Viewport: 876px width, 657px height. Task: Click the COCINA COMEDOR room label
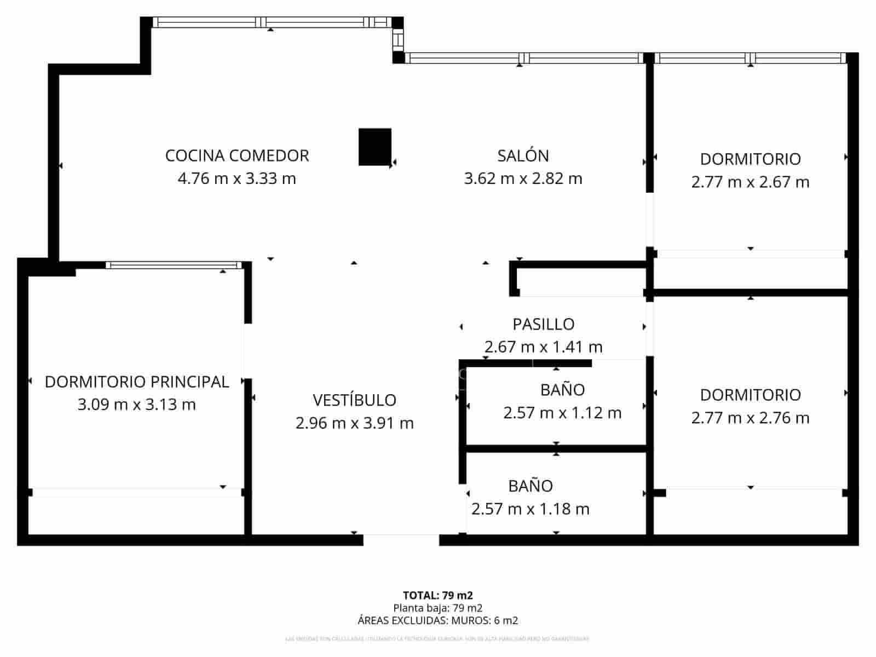(237, 155)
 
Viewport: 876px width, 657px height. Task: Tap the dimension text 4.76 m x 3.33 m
(237, 178)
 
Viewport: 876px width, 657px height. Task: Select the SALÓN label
(523, 155)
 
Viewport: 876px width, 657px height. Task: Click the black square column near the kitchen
(375, 147)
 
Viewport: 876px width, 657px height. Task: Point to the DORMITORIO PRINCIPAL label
(136, 382)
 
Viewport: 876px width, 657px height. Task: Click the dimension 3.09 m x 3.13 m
(136, 405)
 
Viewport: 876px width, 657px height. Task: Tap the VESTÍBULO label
(354, 400)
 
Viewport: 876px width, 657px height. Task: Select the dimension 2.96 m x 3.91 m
(354, 423)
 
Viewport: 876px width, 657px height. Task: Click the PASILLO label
(543, 324)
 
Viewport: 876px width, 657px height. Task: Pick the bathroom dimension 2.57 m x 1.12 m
(562, 413)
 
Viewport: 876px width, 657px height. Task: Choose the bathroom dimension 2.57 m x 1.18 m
(530, 509)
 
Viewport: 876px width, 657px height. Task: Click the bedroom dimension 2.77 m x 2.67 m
(750, 182)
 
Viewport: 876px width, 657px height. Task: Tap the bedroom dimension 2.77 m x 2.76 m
(750, 418)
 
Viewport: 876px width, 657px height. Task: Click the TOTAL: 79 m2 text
(437, 595)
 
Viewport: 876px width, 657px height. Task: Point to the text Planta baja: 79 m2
(437, 608)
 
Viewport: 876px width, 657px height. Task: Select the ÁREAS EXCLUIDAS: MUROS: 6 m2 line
(437, 620)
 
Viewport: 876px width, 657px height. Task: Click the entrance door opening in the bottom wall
(401, 540)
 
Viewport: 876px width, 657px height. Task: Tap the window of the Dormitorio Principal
(174, 265)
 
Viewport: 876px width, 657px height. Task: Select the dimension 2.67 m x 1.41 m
(543, 347)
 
